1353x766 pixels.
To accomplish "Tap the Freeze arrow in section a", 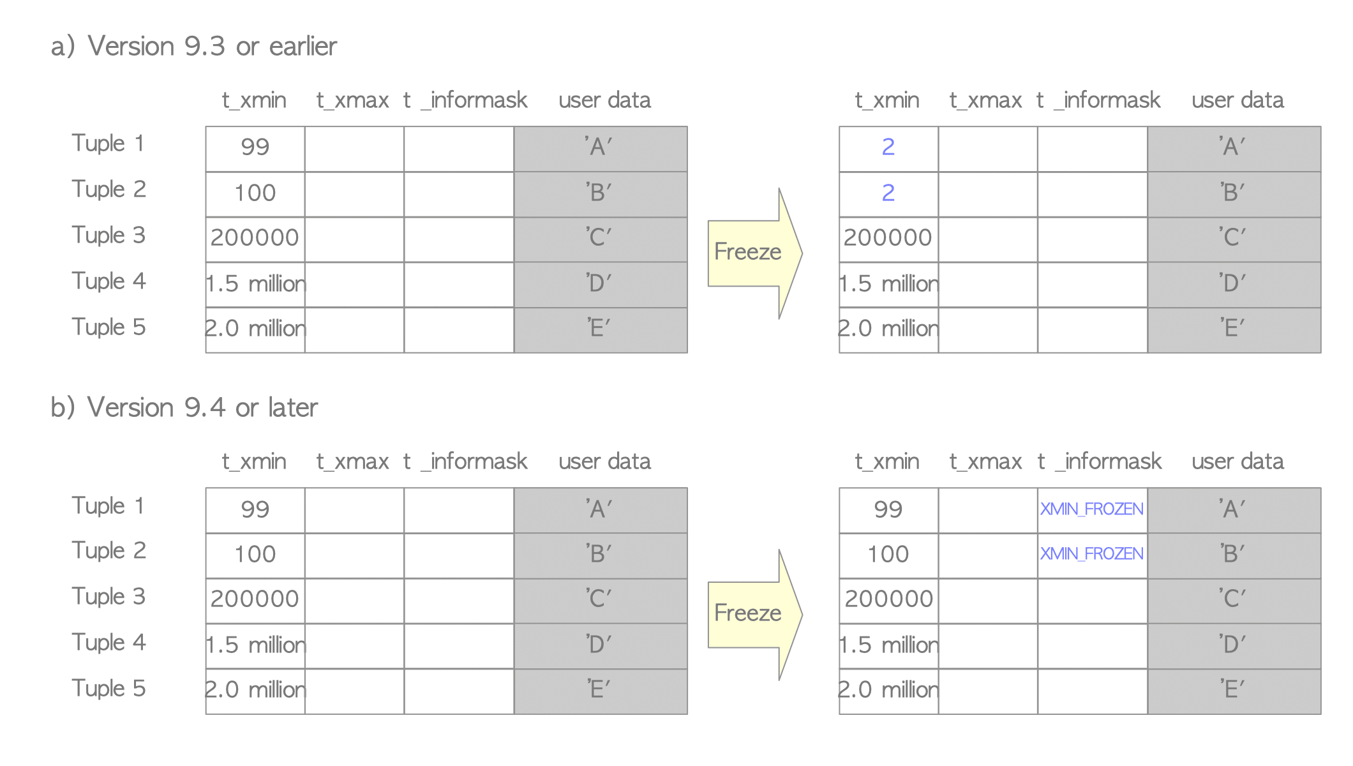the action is [x=755, y=253].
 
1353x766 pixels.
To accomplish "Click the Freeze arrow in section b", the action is [x=755, y=615].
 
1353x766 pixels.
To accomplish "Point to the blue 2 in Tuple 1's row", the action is [x=888, y=147].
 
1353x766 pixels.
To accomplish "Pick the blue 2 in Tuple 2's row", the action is [x=888, y=193].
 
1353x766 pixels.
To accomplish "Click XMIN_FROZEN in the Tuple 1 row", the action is [x=1091, y=509].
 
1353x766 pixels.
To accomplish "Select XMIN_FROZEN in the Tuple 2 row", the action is [x=1091, y=554].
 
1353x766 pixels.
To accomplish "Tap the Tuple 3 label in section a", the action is [x=108, y=236].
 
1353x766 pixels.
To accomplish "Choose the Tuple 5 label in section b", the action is [x=108, y=689].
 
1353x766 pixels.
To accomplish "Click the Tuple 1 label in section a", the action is [x=108, y=144].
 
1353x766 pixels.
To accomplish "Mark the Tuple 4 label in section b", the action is [x=108, y=643].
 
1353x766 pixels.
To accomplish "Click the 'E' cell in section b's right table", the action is [x=1234, y=691].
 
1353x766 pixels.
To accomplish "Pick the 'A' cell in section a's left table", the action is [x=601, y=149].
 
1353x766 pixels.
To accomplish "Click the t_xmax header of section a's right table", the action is [x=985, y=100].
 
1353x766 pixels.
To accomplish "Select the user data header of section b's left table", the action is [x=604, y=462].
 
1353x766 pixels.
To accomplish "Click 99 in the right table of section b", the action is [x=888, y=510].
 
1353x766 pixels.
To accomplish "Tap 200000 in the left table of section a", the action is [x=255, y=238].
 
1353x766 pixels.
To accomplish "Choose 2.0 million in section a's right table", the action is [x=888, y=329].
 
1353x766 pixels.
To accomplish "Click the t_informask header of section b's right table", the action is [x=1100, y=462].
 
